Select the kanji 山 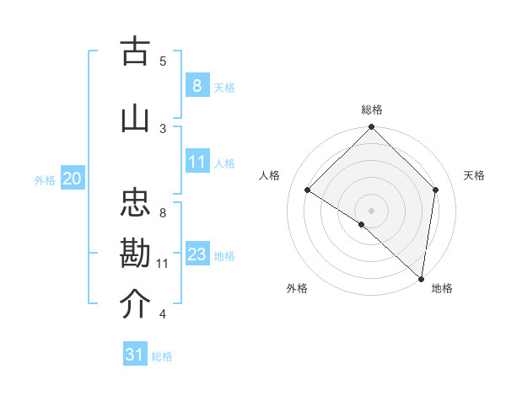tap(135, 118)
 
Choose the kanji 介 tap(135, 304)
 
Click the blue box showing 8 tap(196, 85)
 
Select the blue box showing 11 tap(196, 162)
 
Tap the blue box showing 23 tap(196, 254)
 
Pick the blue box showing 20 tap(73, 179)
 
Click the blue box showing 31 tap(135, 355)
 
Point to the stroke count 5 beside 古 tap(163, 61)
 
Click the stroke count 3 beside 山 tap(163, 128)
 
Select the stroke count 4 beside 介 tap(163, 315)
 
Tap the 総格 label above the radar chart tap(371, 110)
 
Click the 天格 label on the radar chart tap(474, 175)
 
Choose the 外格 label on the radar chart tap(297, 288)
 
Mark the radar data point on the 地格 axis tap(422, 279)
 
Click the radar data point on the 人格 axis tap(308, 190)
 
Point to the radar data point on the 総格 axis tap(371, 127)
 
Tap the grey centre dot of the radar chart tap(371, 210)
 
